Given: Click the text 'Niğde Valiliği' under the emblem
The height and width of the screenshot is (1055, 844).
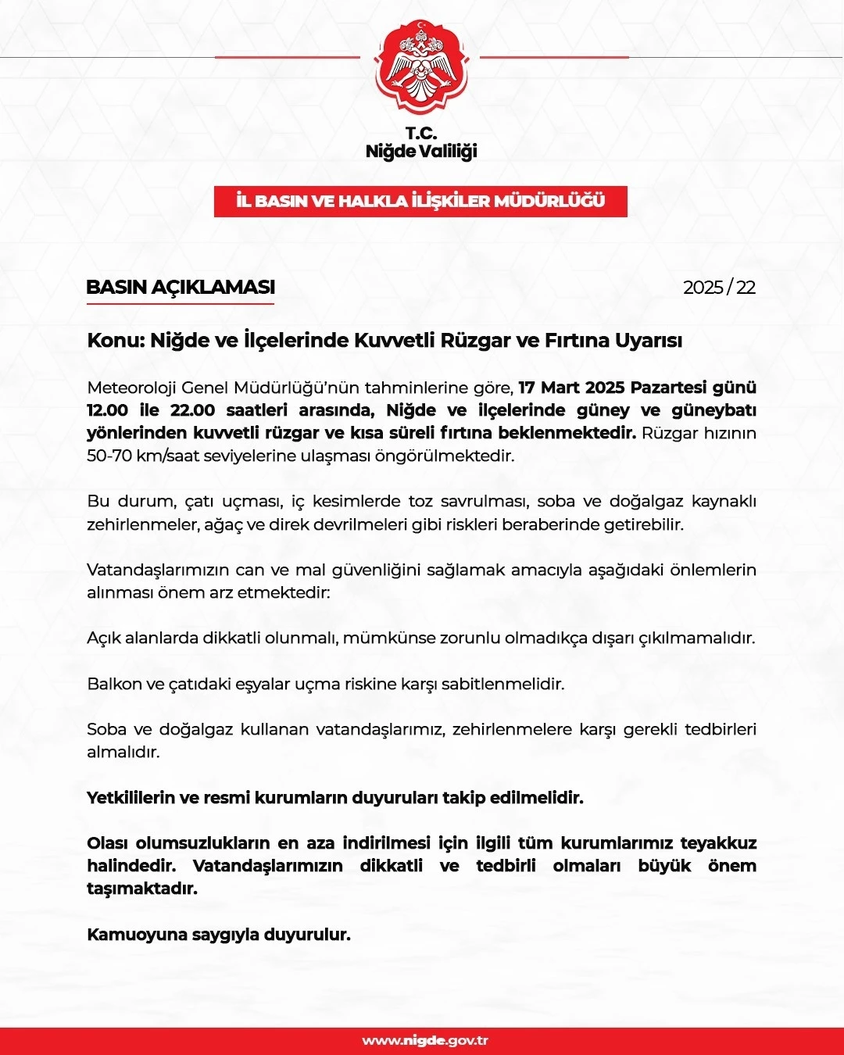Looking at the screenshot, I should (x=421, y=152).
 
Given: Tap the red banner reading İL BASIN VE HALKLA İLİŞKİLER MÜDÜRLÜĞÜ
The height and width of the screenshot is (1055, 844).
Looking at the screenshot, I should (x=420, y=202).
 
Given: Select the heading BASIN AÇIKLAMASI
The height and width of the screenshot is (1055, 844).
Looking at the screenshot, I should (x=181, y=288).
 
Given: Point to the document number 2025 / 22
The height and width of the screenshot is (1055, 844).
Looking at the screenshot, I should (x=719, y=288).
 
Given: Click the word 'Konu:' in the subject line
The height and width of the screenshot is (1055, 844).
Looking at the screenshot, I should (x=116, y=341).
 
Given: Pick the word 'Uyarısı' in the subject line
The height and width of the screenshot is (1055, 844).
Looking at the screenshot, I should (x=649, y=341).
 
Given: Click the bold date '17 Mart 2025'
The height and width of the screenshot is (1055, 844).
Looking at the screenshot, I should (x=571, y=388).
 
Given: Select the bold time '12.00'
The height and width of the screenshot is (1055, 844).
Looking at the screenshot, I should (x=108, y=410).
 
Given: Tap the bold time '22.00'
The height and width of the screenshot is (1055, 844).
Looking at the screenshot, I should (x=192, y=410).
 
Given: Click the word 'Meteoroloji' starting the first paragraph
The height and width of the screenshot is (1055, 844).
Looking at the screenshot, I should (x=131, y=388).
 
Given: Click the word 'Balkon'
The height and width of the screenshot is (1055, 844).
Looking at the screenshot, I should (x=115, y=685).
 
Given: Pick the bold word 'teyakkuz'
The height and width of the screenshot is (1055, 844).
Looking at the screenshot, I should (x=718, y=843).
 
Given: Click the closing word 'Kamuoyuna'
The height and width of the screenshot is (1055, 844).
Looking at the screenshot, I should (x=130, y=935).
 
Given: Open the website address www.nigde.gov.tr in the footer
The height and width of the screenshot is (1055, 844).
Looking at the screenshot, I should (x=425, y=1041).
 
